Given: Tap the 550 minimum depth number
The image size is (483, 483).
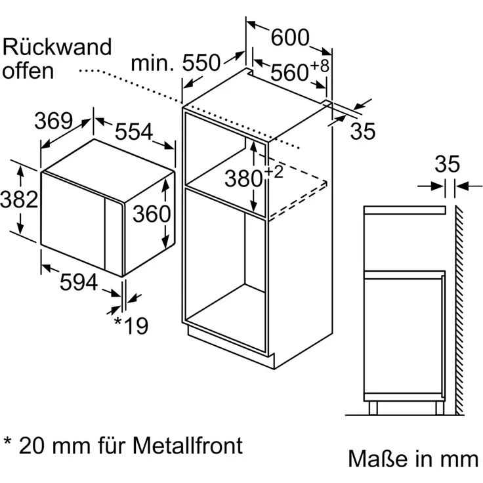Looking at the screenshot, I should (200, 64).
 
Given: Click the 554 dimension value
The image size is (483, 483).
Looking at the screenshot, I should (134, 133).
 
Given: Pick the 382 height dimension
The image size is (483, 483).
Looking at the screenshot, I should (18, 199).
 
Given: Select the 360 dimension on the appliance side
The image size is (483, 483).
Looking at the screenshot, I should (152, 213).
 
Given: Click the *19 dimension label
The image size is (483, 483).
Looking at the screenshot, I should (131, 325).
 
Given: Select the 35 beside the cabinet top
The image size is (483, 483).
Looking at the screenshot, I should (362, 131).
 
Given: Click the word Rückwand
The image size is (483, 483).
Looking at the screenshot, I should (58, 47).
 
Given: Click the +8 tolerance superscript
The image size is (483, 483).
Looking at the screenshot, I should (320, 66).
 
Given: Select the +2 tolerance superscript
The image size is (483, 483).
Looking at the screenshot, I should (274, 172).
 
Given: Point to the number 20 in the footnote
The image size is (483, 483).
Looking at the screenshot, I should (32, 446).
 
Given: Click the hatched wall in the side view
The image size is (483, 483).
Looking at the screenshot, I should (457, 308).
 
